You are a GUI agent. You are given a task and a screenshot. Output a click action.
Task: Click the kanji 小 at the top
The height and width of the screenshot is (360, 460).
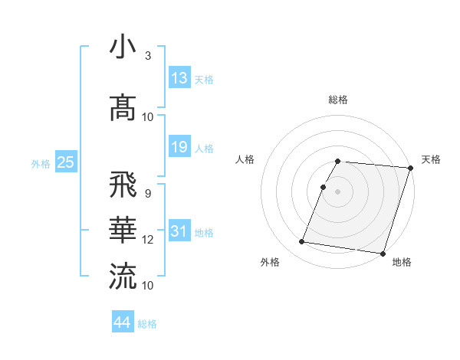click(123, 47)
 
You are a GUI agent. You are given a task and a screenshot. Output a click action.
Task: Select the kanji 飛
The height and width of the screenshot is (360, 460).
click(123, 185)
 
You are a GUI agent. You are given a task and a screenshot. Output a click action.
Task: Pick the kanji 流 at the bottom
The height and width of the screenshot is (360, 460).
click(123, 276)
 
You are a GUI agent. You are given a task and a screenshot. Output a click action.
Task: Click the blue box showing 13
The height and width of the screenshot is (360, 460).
click(179, 78)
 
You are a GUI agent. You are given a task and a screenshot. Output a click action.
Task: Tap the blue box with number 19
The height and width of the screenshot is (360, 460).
click(179, 147)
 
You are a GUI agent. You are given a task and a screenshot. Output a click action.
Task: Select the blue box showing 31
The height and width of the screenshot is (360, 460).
click(179, 231)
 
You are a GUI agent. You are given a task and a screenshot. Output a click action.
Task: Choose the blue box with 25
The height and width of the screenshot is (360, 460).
click(65, 162)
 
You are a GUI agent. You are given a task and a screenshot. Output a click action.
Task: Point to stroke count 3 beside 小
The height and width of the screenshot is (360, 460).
click(147, 56)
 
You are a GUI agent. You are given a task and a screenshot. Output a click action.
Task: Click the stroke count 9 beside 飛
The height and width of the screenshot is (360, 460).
click(147, 193)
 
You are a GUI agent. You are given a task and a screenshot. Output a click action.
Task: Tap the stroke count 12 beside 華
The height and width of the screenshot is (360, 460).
click(148, 240)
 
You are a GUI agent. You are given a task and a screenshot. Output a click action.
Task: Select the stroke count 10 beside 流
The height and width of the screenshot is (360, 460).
click(148, 285)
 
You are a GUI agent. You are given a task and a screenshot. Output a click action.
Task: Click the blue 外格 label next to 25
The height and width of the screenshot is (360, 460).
click(41, 163)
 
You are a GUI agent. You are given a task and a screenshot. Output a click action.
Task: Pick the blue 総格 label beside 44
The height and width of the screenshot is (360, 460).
click(147, 324)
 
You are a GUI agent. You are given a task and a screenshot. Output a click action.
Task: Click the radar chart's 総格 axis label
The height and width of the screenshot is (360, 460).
click(337, 100)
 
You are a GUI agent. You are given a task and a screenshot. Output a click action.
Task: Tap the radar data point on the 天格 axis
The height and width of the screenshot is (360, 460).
click(409, 168)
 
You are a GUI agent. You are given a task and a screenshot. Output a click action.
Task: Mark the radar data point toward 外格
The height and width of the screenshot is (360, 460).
click(302, 241)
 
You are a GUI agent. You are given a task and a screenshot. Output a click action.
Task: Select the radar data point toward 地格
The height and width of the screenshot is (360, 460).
click(382, 253)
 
